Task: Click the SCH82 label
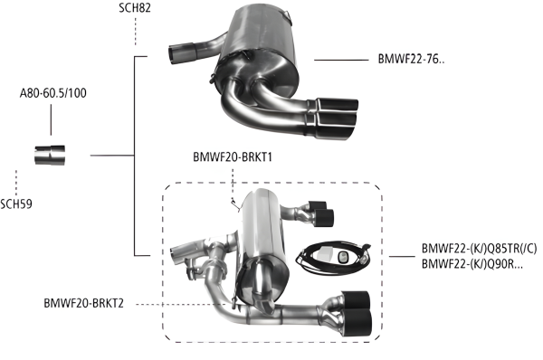pos(136,8)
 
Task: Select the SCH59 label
pos(17,203)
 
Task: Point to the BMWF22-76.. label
pos(411,61)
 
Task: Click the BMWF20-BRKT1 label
pos(233,156)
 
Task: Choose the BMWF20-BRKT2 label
pos(89,303)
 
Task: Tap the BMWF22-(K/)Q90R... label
pos(473,263)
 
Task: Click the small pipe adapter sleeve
pos(49,156)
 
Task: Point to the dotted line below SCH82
pos(136,32)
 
